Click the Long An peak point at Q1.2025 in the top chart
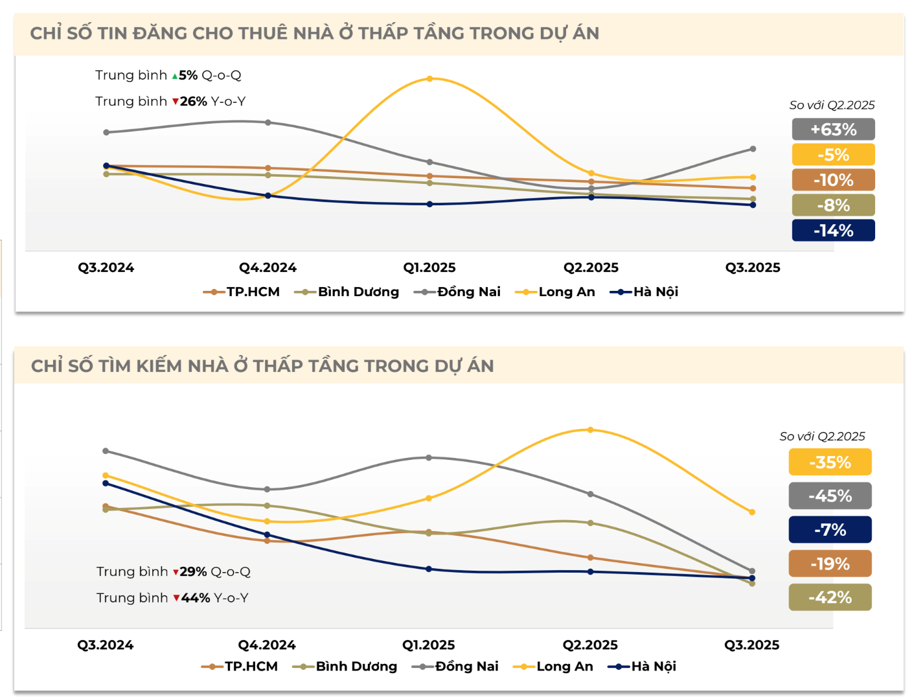430,79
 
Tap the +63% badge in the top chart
833,130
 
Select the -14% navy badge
833,231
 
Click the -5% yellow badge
833,155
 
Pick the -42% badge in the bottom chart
830,597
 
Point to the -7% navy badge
830,530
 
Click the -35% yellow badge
830,463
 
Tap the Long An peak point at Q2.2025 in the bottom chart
590,430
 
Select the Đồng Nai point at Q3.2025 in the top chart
753,149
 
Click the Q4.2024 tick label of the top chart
268,268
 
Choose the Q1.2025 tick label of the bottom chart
428,645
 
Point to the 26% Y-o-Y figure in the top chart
193,102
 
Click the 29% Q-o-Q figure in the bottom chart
193,572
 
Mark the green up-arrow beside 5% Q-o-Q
174,76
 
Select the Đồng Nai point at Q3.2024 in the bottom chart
106,451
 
